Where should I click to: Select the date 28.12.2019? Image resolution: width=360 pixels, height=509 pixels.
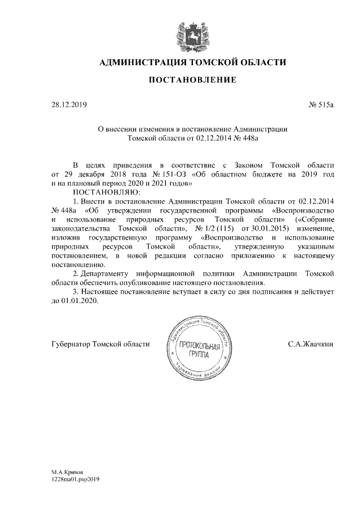[x=67, y=105]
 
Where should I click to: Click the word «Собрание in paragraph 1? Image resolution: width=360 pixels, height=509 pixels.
[x=314, y=219]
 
